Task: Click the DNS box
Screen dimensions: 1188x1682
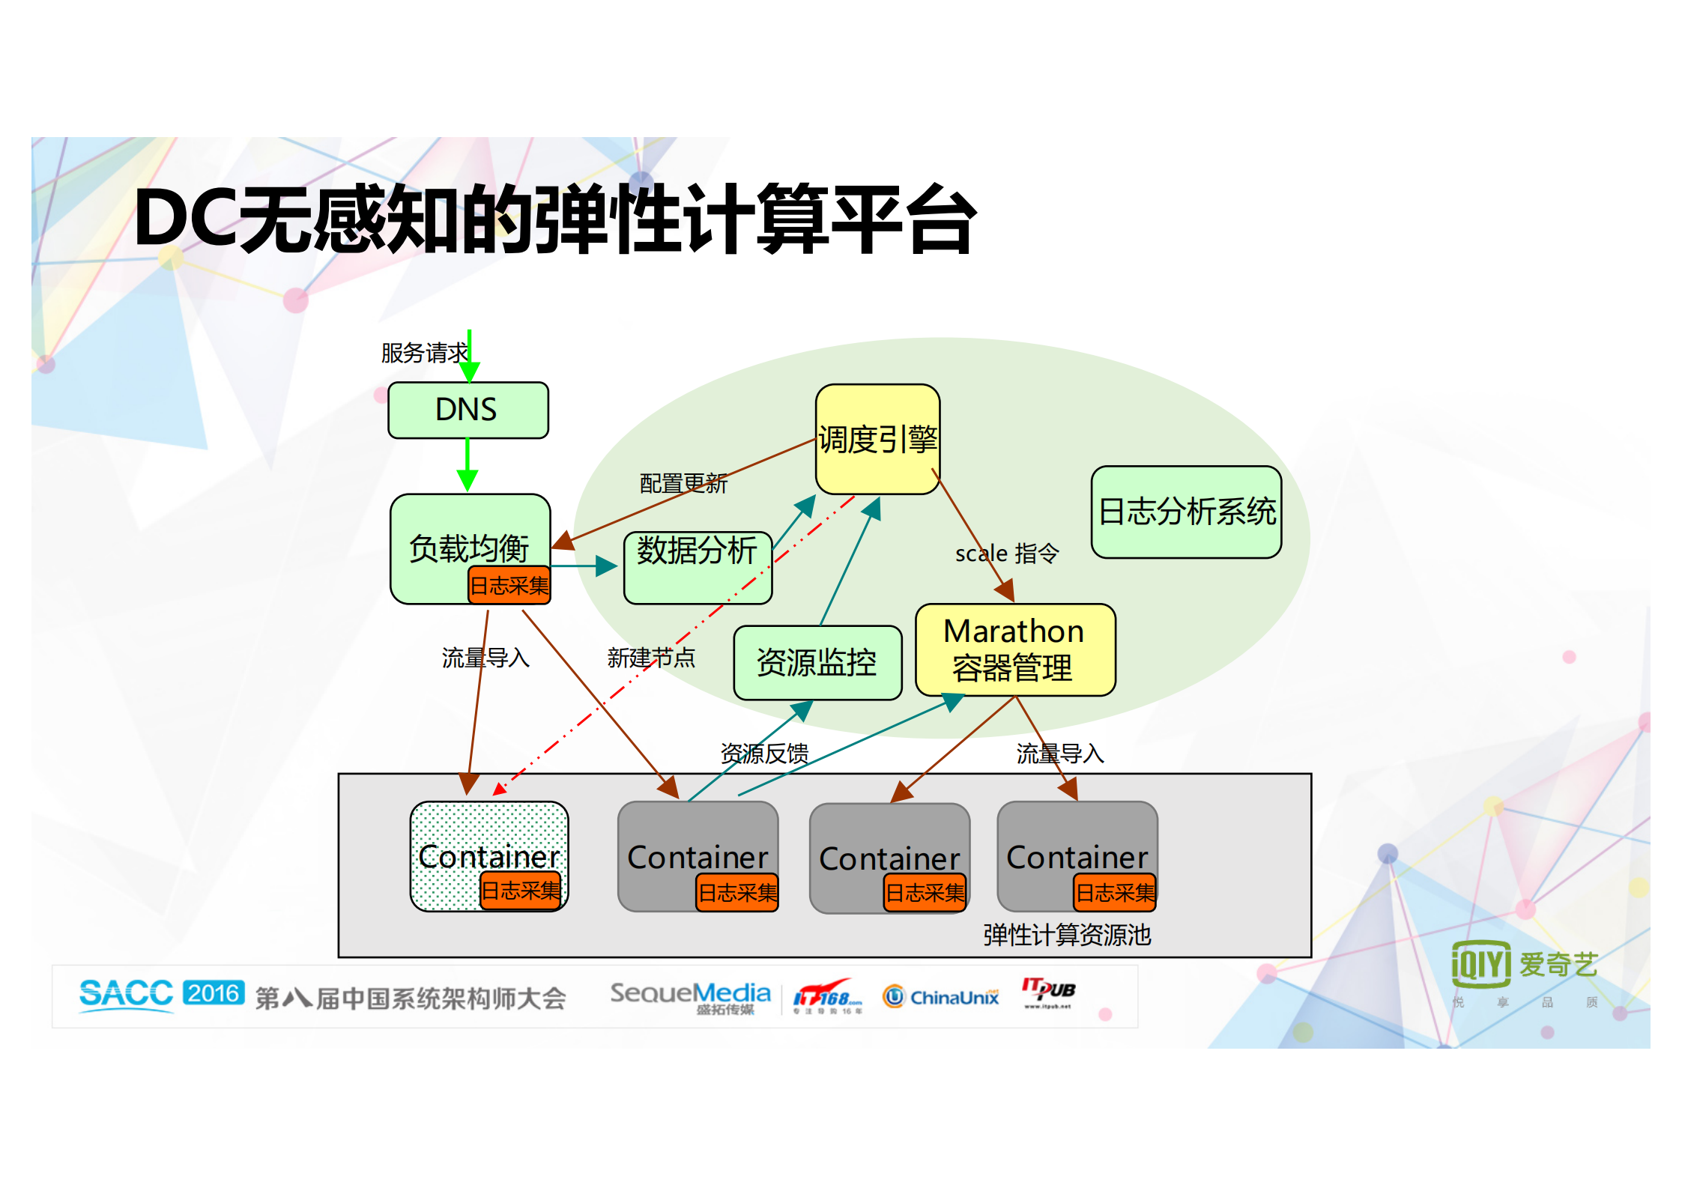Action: [468, 410]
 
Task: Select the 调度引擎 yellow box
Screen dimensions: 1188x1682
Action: [877, 439]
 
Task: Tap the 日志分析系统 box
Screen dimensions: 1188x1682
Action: [1186, 512]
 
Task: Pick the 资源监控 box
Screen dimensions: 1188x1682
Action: [817, 663]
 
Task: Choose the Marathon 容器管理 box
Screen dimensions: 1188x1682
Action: [1014, 649]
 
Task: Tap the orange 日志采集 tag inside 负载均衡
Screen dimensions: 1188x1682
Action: [509, 585]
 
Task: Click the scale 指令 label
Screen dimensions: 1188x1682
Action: [1006, 554]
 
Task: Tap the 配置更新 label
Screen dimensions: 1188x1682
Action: [683, 483]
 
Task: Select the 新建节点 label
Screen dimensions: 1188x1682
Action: [650, 658]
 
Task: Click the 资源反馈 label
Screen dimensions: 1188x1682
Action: [763, 753]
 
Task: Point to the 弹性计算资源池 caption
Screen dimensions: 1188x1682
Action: [1066, 935]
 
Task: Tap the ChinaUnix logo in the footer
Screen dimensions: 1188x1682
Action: [941, 997]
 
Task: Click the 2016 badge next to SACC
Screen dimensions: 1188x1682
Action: [214, 993]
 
